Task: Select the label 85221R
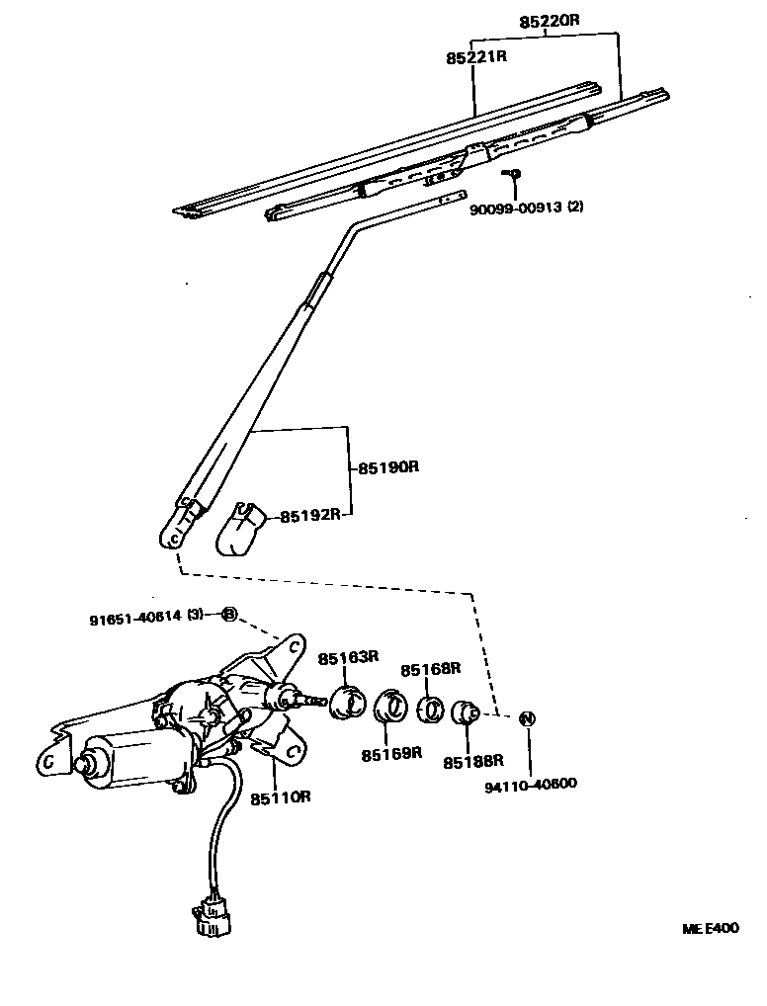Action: point(475,57)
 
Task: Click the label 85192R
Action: point(310,515)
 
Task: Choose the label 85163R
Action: point(349,657)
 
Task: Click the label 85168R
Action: point(431,669)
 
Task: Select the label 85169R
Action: point(391,754)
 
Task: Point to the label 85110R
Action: point(281,796)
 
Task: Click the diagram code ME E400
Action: point(710,929)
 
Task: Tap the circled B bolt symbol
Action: point(228,615)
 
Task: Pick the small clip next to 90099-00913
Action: point(513,175)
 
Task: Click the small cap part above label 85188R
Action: point(466,713)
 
